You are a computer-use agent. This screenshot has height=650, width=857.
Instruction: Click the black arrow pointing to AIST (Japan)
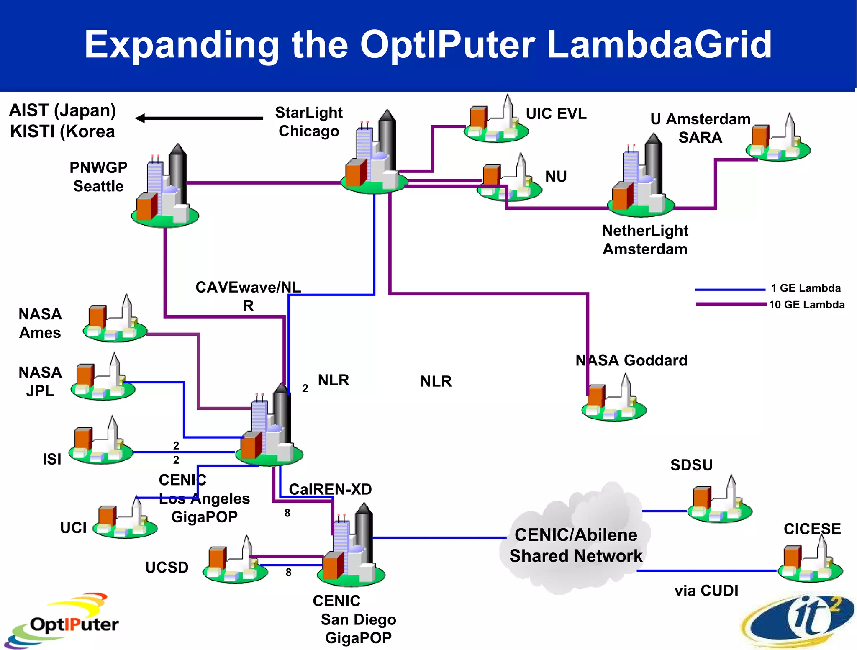199,118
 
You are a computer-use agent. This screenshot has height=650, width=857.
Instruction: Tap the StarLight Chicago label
309,122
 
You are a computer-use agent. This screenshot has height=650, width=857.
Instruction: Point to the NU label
556,177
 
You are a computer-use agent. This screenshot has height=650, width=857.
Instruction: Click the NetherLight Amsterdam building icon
640,178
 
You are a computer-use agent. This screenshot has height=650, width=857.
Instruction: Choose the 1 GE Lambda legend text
806,288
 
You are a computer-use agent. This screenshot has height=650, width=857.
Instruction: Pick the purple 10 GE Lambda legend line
731,304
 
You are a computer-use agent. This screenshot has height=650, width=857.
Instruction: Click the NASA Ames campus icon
115,320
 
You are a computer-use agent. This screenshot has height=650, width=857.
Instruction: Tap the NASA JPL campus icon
103,379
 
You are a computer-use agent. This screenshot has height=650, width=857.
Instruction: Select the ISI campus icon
101,442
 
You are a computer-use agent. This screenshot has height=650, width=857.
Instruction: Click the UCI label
73,528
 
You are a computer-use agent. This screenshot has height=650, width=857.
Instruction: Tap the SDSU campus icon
720,501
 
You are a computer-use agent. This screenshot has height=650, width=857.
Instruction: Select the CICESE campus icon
810,561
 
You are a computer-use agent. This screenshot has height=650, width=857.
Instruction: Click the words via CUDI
706,591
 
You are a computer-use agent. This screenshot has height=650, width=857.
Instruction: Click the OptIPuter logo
63,621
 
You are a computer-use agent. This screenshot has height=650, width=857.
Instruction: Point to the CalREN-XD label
330,489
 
